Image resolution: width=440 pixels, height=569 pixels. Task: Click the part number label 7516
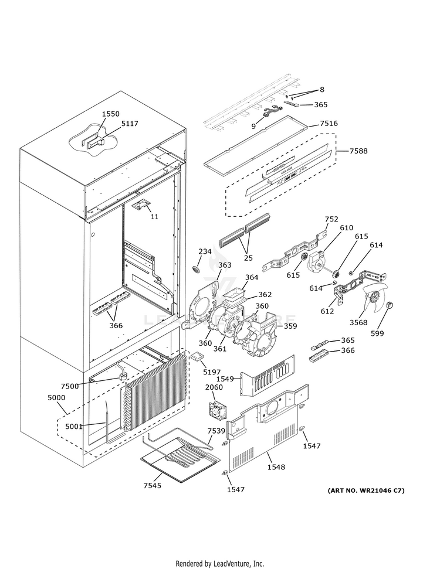pyautogui.click(x=329, y=124)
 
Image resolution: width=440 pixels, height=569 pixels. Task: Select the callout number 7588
pyautogui.click(x=358, y=151)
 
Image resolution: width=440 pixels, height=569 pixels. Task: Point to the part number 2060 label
pyautogui.click(x=214, y=387)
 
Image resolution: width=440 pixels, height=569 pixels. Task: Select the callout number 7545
pyautogui.click(x=152, y=486)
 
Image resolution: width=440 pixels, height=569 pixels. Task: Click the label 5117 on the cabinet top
pyautogui.click(x=130, y=124)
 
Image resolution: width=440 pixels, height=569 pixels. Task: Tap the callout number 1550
pyautogui.click(x=110, y=114)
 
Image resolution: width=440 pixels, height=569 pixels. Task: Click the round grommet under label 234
pyautogui.click(x=196, y=269)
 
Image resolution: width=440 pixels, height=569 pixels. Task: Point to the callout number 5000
pyautogui.click(x=57, y=397)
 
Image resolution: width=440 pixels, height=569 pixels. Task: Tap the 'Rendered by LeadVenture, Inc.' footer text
pyautogui.click(x=220, y=563)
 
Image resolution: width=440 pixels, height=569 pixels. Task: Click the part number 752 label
pyautogui.click(x=331, y=219)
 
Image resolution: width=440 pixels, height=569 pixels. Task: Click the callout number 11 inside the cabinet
pyautogui.click(x=154, y=216)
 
